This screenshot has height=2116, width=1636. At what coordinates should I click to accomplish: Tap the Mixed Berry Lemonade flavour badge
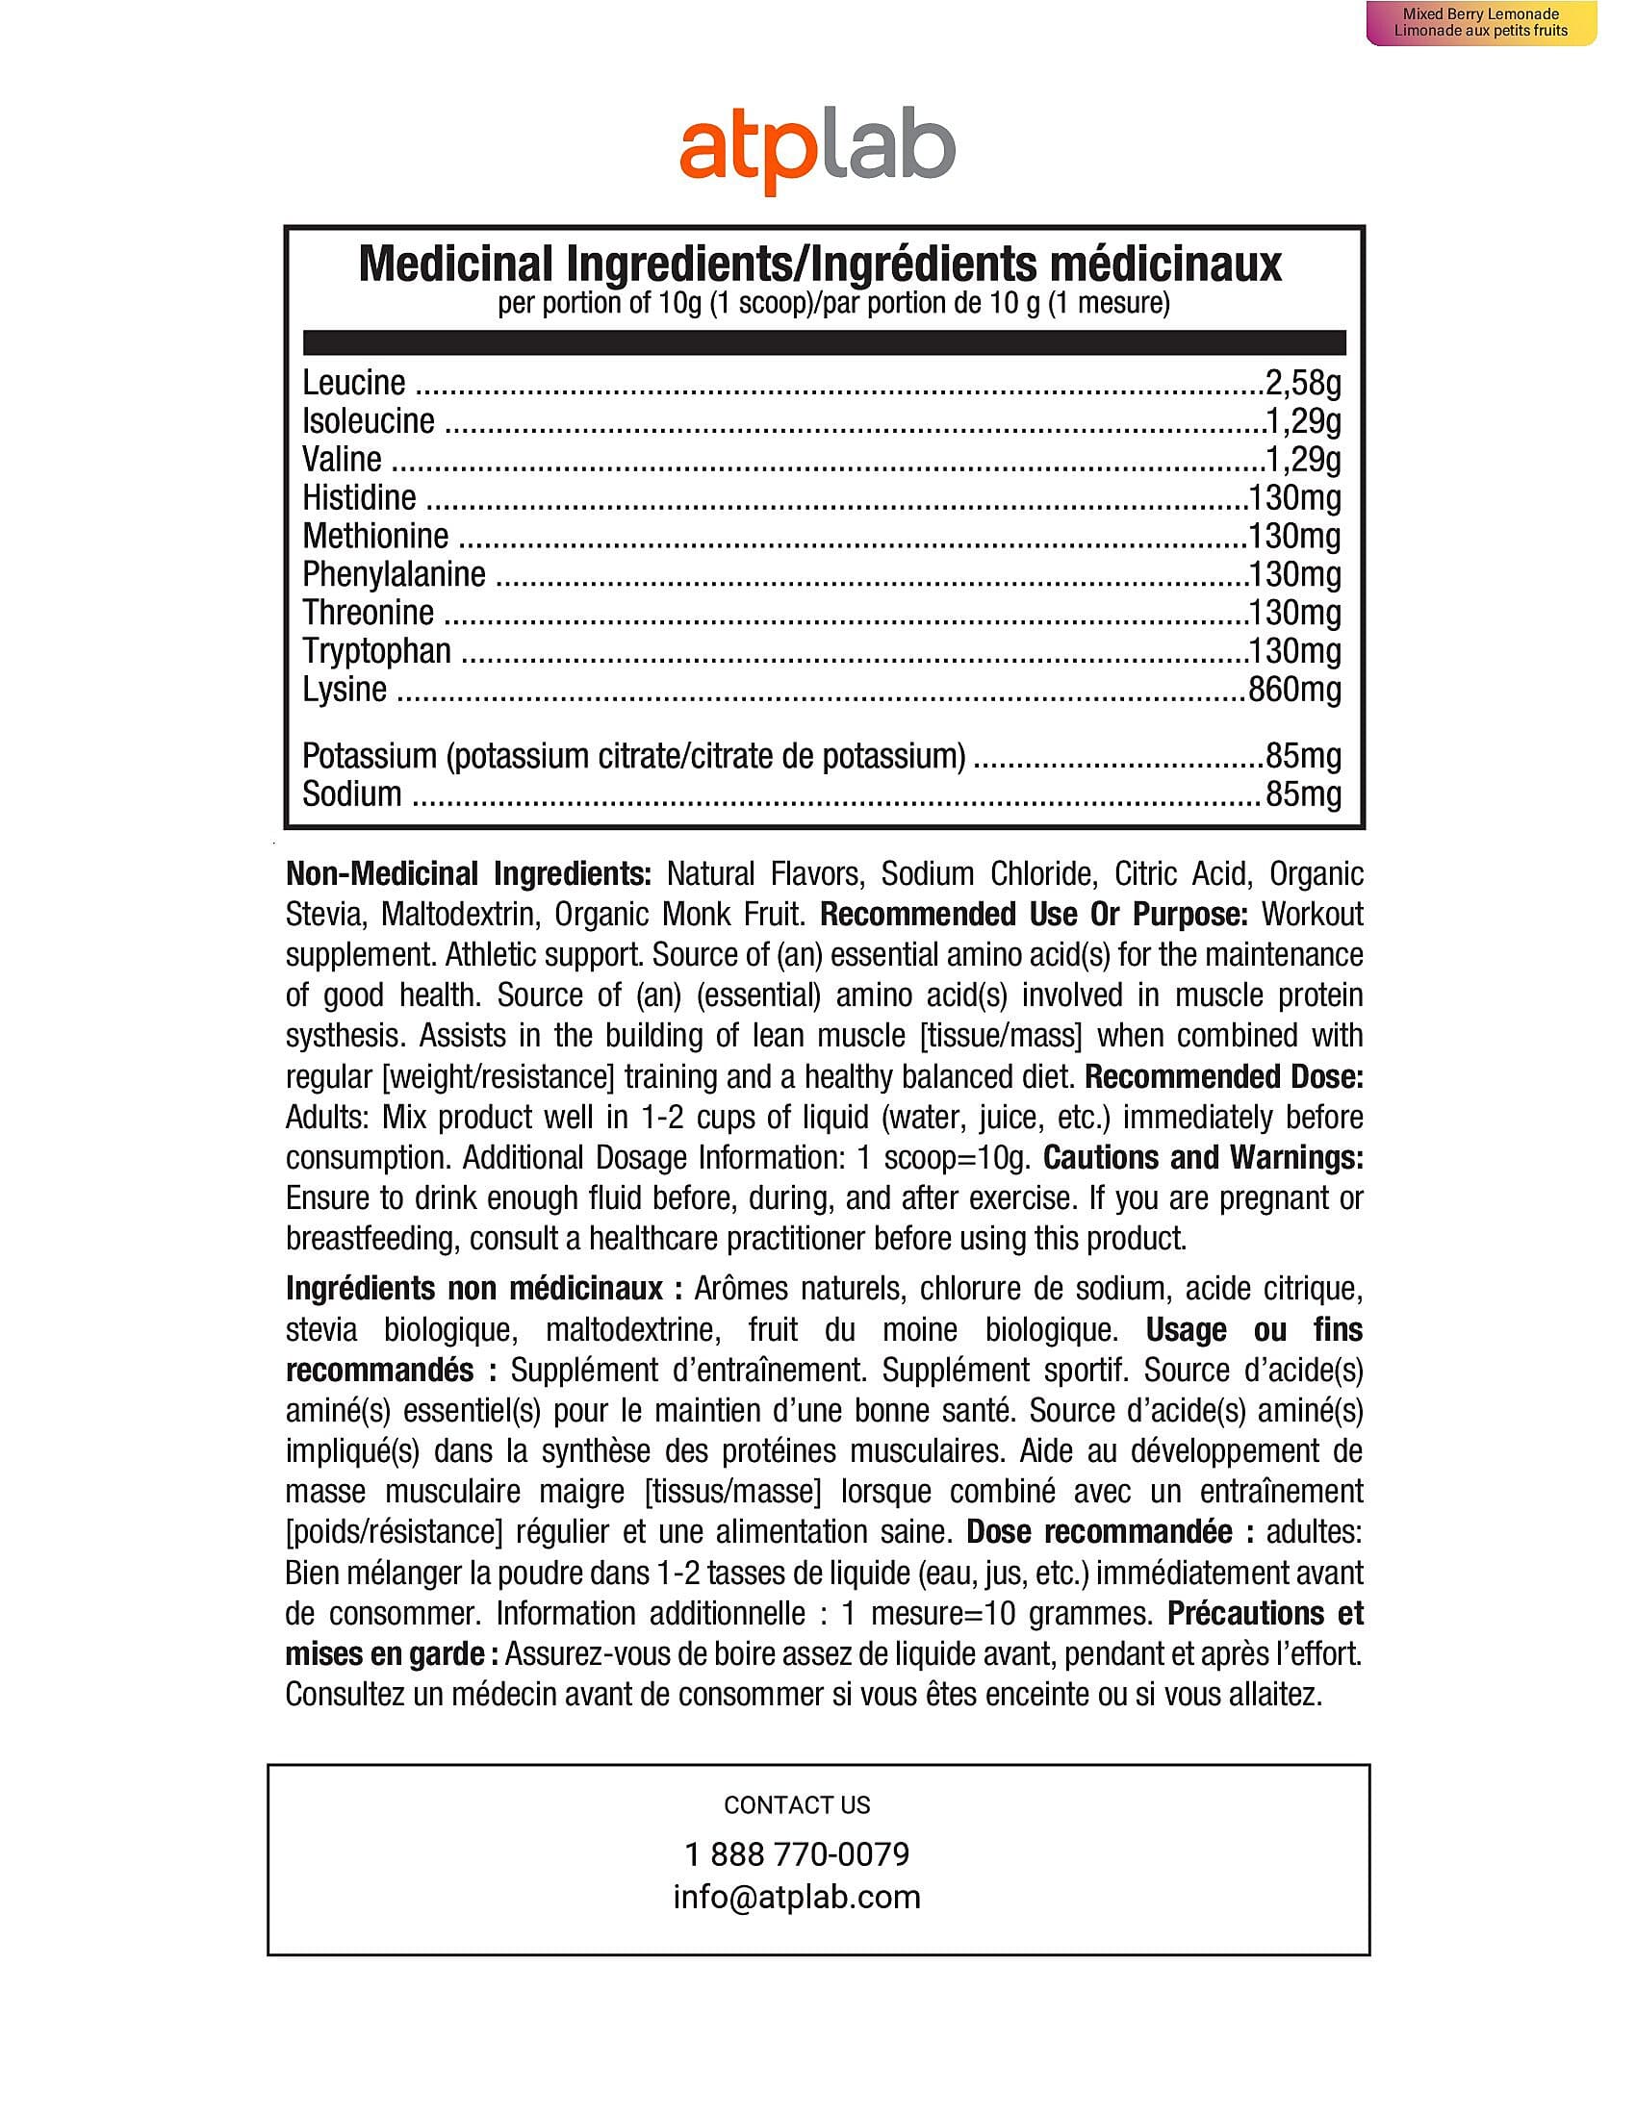point(1480,22)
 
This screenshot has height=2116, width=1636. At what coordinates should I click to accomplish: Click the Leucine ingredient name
point(354,383)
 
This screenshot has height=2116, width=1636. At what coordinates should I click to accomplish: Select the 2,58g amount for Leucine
point(1303,383)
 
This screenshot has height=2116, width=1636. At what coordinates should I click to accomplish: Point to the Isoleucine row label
point(369,421)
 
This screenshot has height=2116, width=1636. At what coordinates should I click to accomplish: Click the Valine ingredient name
point(343,459)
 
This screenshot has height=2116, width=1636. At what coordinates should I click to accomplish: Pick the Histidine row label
point(359,498)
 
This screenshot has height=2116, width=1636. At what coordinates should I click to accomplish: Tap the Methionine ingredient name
point(375,536)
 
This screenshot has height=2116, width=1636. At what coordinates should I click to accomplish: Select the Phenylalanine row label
point(394,574)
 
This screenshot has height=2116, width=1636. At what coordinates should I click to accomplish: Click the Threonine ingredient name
point(368,613)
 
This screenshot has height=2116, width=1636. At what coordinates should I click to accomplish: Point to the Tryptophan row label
point(376,651)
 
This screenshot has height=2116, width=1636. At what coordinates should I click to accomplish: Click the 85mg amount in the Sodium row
point(1303,794)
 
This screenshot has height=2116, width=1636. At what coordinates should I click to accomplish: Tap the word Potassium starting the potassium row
point(370,756)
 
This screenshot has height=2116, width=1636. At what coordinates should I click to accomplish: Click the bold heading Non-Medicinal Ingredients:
point(468,874)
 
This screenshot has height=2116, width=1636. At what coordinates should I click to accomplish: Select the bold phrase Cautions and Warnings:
point(1203,1158)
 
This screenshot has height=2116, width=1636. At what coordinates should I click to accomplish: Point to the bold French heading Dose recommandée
point(1099,1533)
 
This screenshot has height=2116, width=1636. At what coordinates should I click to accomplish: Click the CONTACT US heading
point(797,1805)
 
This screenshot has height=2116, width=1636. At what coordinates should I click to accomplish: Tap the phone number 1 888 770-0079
point(797,1854)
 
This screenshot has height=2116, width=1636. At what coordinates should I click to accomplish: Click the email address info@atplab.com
point(797,1897)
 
